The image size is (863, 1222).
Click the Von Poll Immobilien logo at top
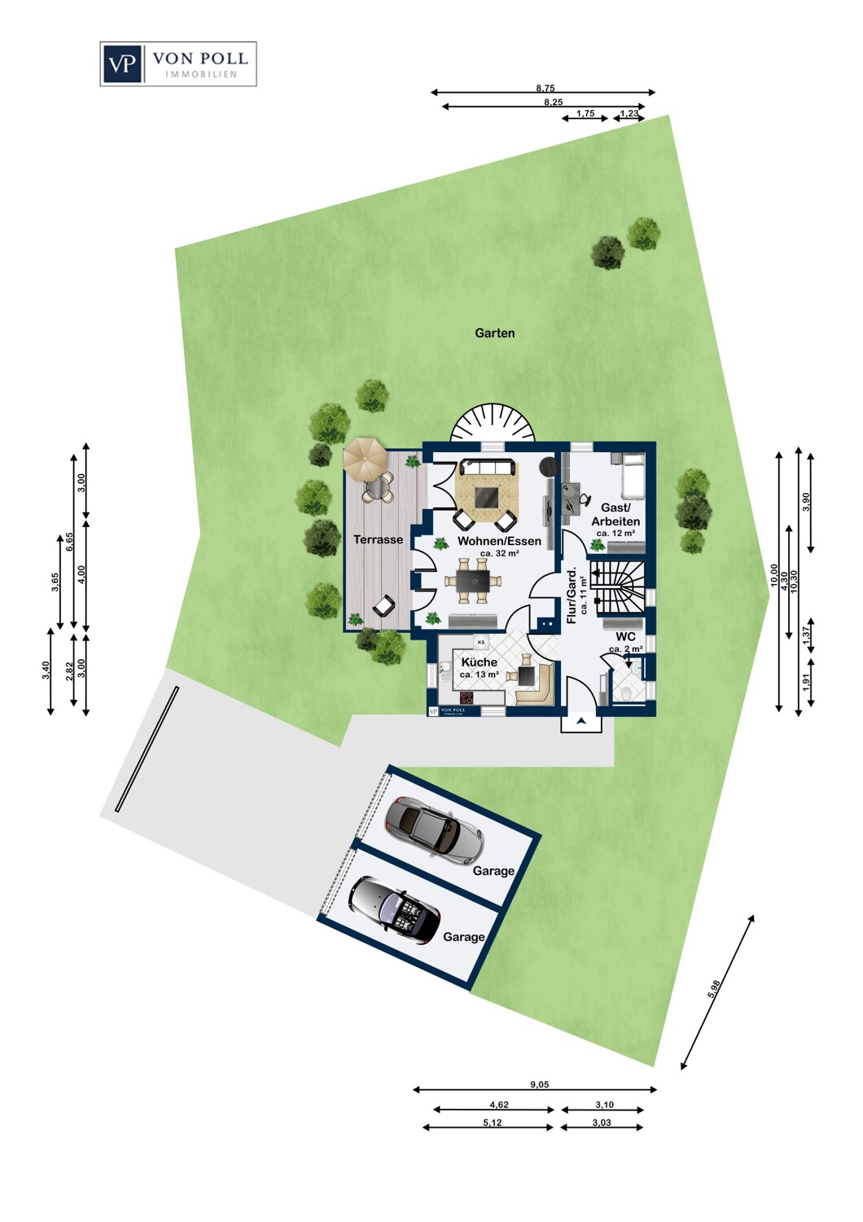178,64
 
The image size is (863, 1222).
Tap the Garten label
495,332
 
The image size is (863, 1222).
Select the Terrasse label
378,539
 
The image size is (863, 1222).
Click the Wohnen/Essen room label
499,541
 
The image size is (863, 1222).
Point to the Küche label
479,662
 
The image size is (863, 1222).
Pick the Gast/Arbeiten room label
615,514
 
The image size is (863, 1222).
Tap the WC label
625,636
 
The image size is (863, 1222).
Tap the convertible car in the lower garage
393,910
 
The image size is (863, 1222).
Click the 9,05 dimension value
539,1084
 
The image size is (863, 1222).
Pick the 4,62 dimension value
498,1105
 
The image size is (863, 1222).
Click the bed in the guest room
632,477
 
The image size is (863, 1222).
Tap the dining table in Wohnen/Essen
472,580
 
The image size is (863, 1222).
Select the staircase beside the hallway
620,585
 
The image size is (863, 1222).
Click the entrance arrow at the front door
581,721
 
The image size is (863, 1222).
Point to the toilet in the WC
625,692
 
